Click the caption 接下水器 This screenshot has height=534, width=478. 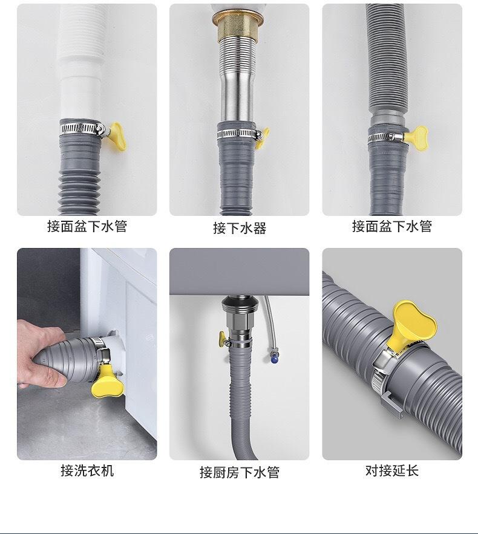240,227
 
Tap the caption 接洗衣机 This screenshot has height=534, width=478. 87,471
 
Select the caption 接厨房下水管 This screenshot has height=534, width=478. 240,472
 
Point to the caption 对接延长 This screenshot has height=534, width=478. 392,471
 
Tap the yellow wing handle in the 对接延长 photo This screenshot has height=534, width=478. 413,325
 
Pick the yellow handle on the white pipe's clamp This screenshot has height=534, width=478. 115,136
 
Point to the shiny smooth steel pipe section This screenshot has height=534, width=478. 237,99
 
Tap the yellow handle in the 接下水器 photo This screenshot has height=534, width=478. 263,138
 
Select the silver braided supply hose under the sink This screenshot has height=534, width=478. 272,325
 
